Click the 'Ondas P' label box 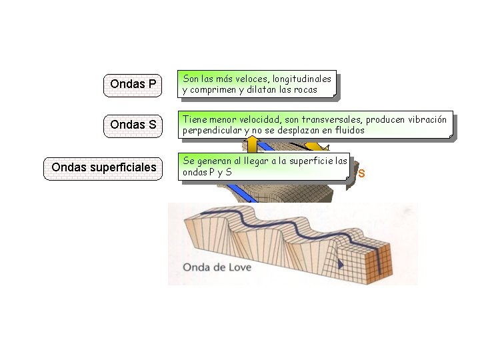[133, 84]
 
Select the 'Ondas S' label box [133, 125]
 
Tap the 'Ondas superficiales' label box [104, 167]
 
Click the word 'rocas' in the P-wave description [304, 90]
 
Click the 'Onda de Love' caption [215, 267]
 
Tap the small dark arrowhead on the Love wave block [340, 264]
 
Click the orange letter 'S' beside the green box [362, 174]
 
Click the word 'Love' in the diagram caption [234, 267]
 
